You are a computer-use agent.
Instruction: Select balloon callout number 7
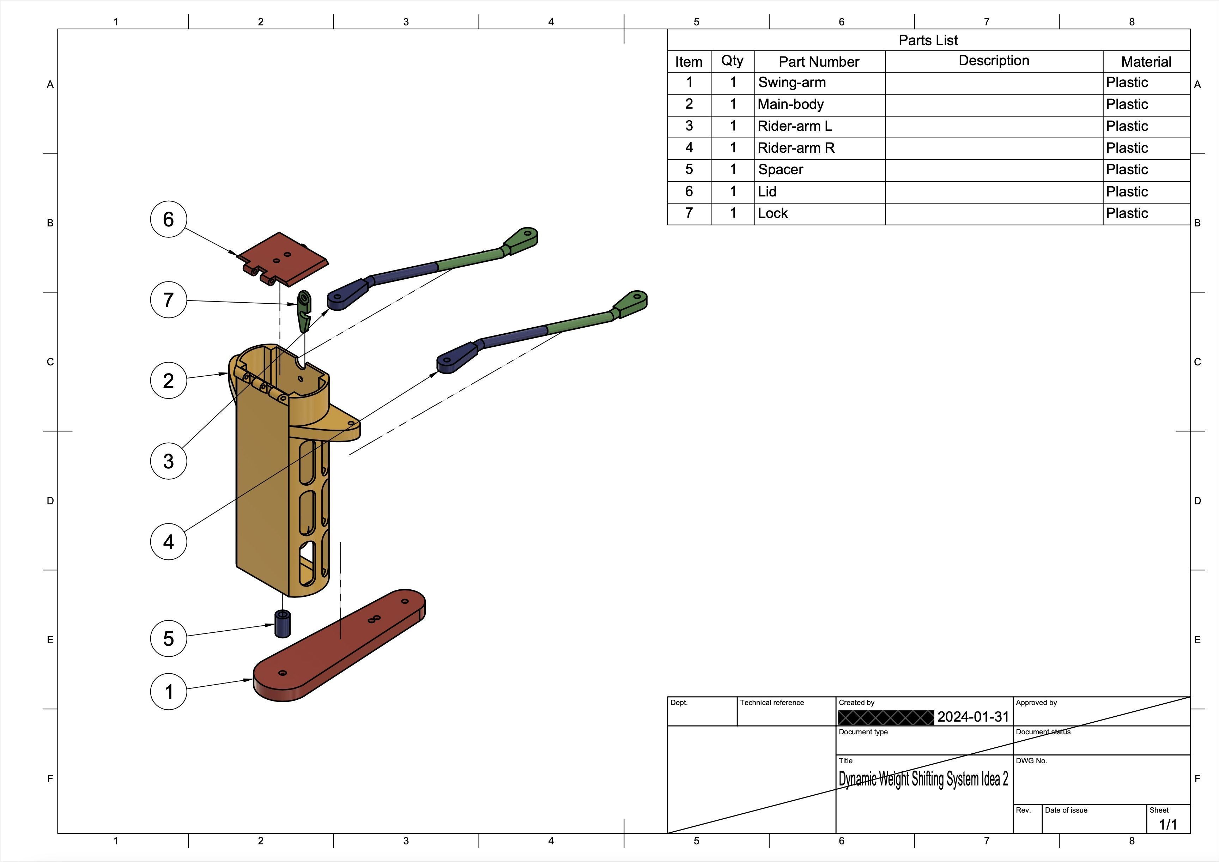click(x=168, y=300)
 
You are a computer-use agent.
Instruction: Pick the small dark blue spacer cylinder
click(x=283, y=624)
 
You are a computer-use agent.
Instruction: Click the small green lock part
click(x=304, y=310)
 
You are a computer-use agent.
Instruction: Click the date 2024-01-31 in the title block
click(x=973, y=717)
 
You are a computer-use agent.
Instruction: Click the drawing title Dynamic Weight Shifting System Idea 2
click(x=923, y=779)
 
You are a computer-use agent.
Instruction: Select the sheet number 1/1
click(x=1168, y=824)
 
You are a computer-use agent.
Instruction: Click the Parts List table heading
click(x=928, y=40)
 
